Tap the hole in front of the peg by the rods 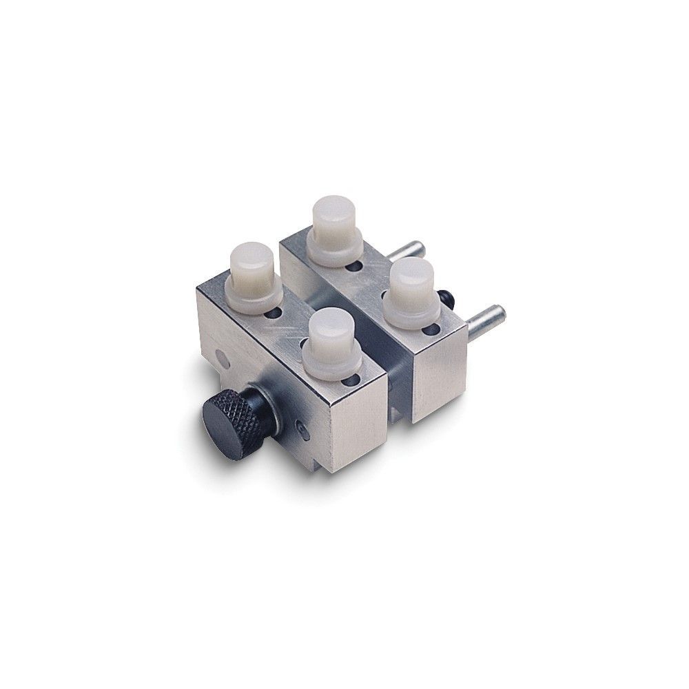pos(432,329)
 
